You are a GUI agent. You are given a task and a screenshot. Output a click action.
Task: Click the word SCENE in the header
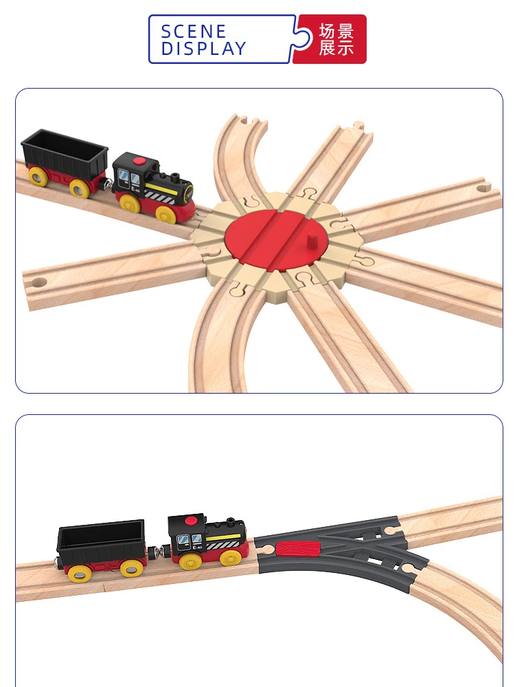[x=193, y=32]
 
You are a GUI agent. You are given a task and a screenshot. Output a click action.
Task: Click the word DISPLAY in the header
[x=203, y=49]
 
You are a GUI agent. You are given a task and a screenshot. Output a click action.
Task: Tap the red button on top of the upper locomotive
[x=140, y=162]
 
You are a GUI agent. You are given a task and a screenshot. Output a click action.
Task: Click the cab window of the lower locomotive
[x=183, y=542]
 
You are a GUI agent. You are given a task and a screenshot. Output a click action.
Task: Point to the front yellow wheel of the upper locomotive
[x=165, y=214]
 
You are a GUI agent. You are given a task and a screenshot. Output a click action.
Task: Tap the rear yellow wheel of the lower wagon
[x=79, y=573]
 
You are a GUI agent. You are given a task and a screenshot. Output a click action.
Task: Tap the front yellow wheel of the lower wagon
[x=130, y=568]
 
